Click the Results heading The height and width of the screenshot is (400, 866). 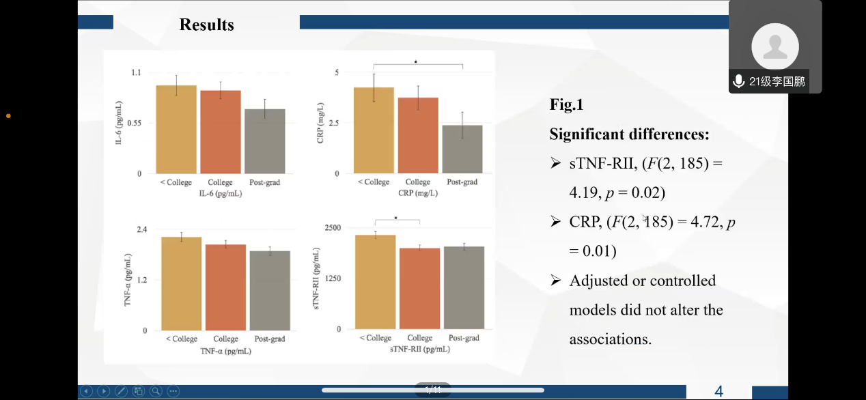206,25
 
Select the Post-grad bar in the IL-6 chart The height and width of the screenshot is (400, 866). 264,141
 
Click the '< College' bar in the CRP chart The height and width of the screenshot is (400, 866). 374,130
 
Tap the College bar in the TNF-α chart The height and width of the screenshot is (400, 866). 225,287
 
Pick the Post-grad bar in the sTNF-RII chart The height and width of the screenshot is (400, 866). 464,287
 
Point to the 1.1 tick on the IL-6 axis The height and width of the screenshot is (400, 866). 136,72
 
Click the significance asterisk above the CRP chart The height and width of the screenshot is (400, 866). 415,62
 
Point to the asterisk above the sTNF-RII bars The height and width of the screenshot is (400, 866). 395,218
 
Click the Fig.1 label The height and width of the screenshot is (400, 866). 566,105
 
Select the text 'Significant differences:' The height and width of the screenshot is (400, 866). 629,134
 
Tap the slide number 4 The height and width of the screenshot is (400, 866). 718,391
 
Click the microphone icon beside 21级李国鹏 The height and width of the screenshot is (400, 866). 738,82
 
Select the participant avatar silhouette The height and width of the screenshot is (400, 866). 774,46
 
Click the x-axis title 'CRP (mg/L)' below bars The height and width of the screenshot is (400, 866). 417,193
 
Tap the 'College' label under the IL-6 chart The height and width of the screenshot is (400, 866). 221,182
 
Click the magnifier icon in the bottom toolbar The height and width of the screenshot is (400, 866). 156,391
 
